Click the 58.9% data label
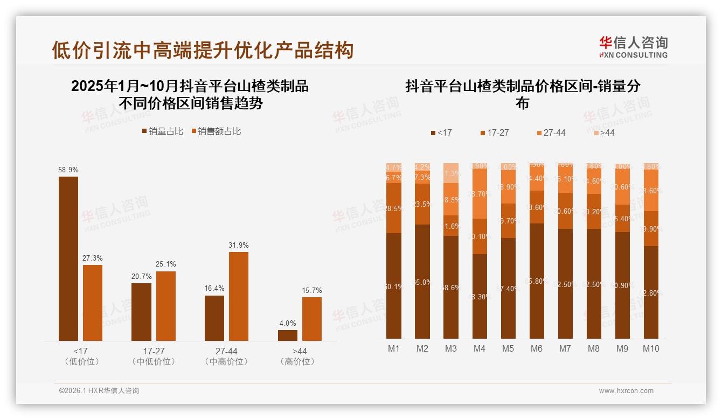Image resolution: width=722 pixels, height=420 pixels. click(68, 170)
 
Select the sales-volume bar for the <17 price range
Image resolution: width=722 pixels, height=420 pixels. click(68, 258)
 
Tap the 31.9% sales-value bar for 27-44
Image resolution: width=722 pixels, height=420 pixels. click(239, 296)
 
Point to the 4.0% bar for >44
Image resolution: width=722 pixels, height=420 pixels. click(288, 335)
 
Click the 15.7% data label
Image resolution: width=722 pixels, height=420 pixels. click(311, 290)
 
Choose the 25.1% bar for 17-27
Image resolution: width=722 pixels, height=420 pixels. click(165, 306)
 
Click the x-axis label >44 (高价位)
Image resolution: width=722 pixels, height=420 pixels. click(297, 356)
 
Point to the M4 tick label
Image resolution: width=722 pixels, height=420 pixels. click(479, 348)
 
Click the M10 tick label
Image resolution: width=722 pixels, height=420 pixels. click(650, 348)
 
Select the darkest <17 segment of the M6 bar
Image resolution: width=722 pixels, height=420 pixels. click(537, 281)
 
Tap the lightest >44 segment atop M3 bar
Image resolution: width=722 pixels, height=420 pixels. click(451, 172)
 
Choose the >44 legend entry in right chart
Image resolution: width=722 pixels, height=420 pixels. click(603, 132)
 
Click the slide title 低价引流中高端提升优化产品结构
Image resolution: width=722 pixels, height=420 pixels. click(203, 50)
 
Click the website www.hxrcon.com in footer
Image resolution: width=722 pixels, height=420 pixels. click(626, 391)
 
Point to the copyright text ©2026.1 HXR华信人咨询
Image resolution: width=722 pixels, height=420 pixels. click(99, 391)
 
